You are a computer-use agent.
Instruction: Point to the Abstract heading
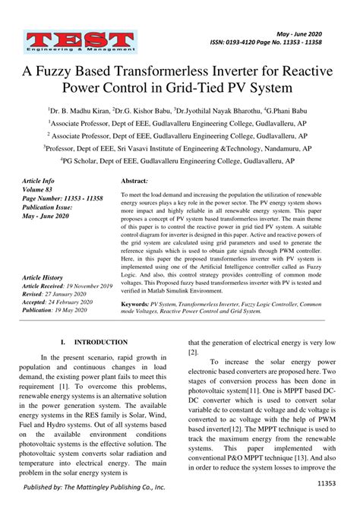click(x=134, y=182)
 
